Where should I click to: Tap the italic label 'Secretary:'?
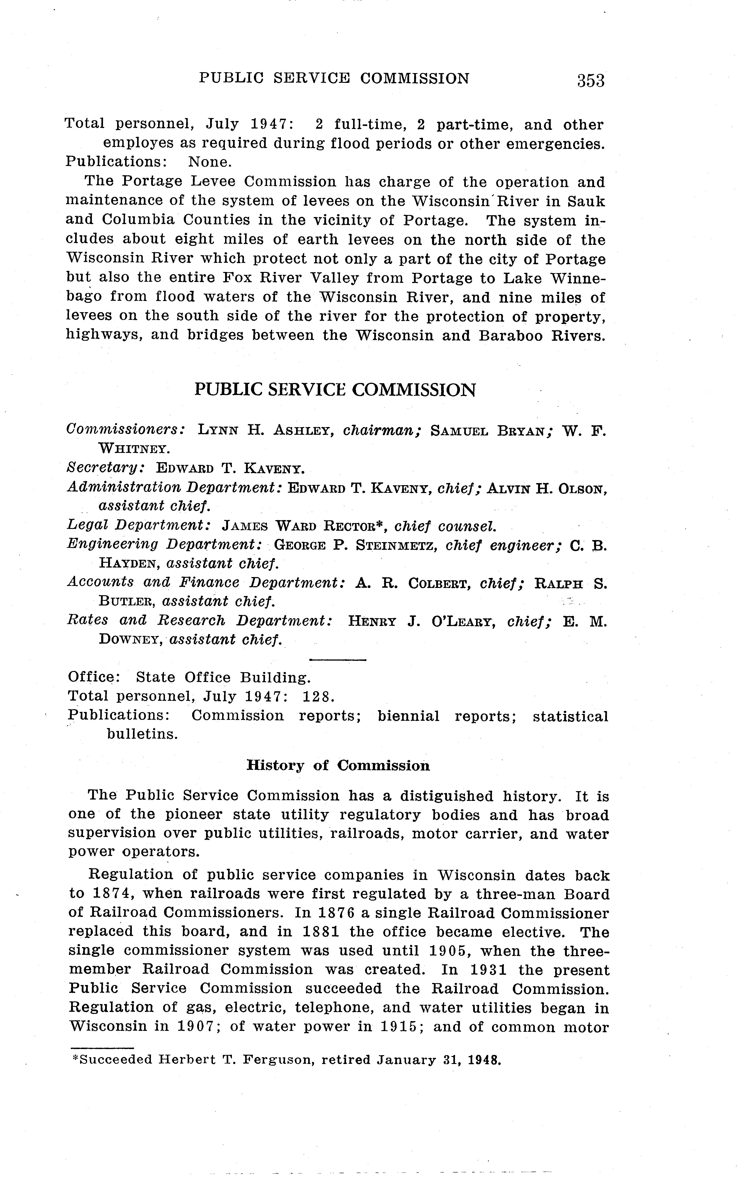click(x=105, y=468)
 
